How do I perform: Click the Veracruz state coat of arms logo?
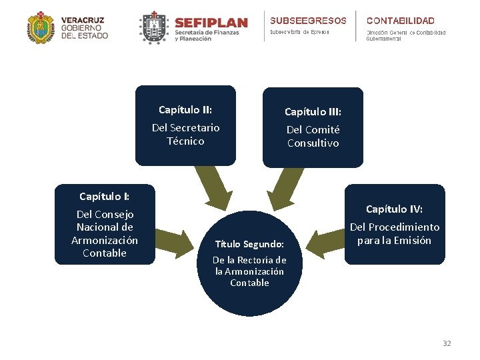coord(41,28)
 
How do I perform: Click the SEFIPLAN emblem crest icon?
coord(153,28)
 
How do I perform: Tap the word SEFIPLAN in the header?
coord(211,23)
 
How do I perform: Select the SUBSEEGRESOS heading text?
coord(308,21)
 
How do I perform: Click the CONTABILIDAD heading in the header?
coord(400,21)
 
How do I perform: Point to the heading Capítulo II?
coord(185,109)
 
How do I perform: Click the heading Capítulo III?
coord(313,111)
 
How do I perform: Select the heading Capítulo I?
coord(105,196)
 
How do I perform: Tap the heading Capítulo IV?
coord(394,209)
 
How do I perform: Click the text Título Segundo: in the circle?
coord(249,244)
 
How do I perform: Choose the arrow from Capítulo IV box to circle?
coord(325,243)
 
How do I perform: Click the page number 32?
coord(447,343)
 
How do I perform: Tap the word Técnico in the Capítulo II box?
coord(185,141)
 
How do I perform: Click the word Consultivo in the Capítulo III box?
coord(313,143)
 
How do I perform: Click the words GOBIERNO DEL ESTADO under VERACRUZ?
coord(84,31)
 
